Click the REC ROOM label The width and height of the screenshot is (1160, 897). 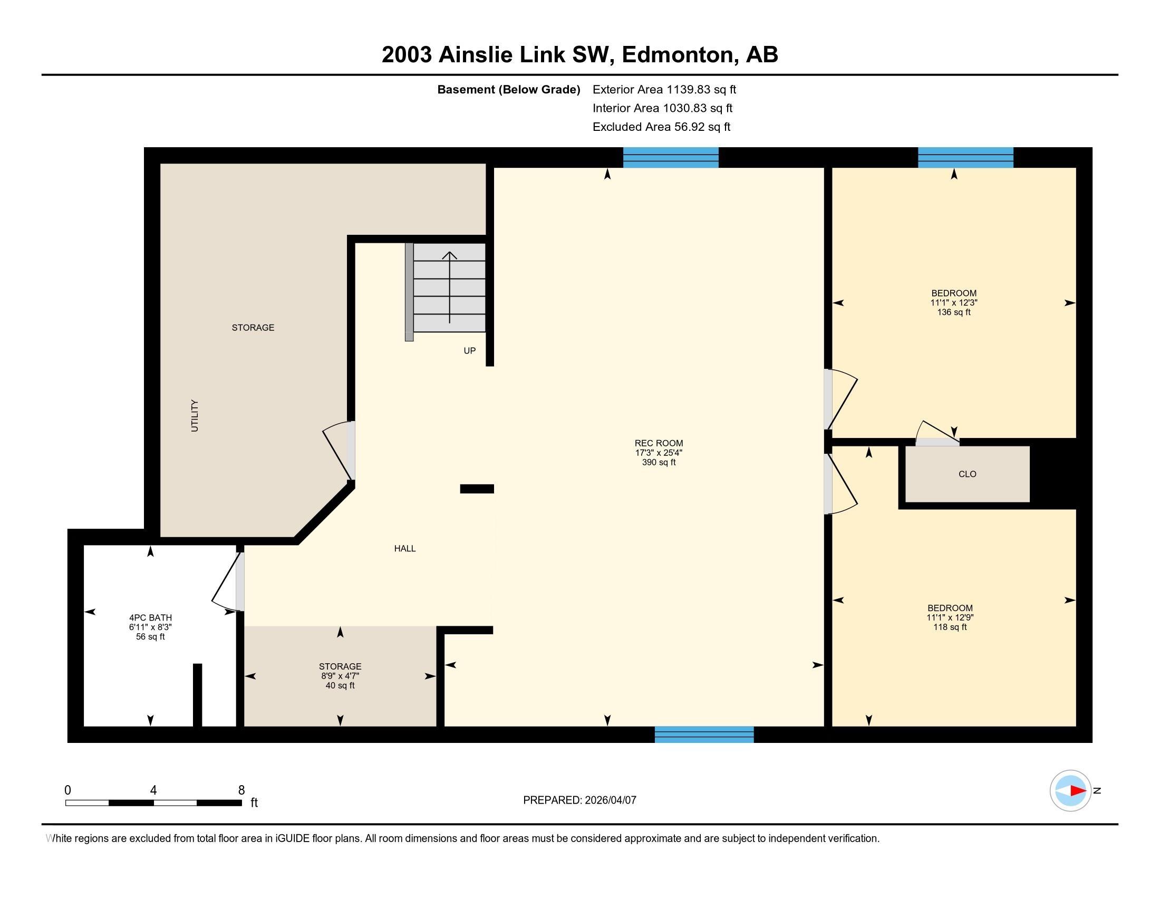pos(659,443)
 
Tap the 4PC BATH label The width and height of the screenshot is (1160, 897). pos(150,617)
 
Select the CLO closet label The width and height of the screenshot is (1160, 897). pos(967,474)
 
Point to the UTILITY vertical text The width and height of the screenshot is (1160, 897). pos(195,416)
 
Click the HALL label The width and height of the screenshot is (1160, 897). pos(405,548)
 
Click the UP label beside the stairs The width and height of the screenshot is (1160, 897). pos(469,351)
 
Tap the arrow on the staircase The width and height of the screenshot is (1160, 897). pos(450,287)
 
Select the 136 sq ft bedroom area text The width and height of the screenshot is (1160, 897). pos(954,312)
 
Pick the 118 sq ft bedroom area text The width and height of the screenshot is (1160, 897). pos(950,627)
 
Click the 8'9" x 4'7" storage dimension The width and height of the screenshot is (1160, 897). pos(340,676)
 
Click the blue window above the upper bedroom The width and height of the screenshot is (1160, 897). pos(965,158)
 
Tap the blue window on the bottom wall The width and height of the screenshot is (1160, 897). pos(704,734)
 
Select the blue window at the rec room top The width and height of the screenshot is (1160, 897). pos(670,158)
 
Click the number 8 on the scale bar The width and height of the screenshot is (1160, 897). pos(241,790)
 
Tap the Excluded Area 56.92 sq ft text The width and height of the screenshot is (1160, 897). pos(661,127)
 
